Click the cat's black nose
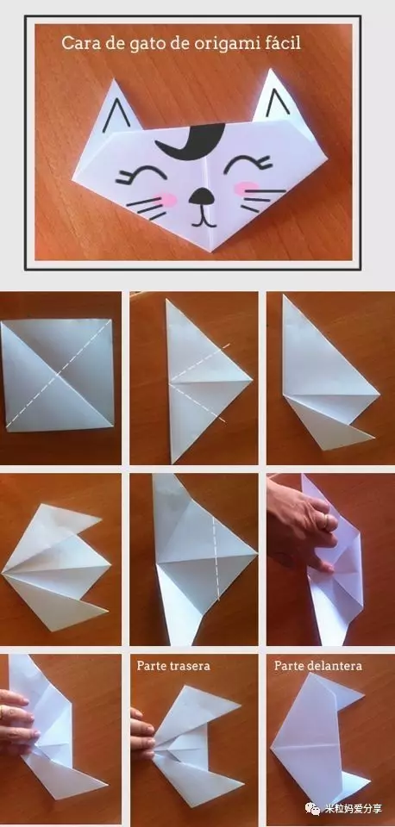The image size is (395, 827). [x=201, y=196]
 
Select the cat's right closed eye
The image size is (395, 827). [x=248, y=164]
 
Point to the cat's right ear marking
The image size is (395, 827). [x=277, y=103]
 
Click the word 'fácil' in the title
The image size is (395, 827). [x=283, y=42]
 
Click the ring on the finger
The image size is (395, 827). [x=328, y=522]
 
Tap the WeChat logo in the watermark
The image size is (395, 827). [x=314, y=809]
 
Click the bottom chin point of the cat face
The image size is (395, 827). [x=212, y=251]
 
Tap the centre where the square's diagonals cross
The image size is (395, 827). [x=57, y=376]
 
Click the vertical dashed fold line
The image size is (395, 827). [x=216, y=558]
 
